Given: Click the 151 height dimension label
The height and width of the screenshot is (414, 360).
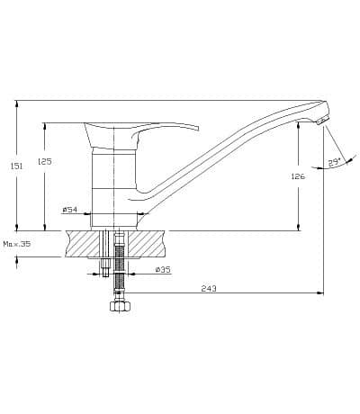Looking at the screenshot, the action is point(17,166).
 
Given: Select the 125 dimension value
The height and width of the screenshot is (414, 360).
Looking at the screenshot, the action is point(45,161).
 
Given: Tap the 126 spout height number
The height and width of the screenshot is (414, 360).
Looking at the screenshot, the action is point(298,176).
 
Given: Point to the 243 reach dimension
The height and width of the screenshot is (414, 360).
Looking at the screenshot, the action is point(209,289).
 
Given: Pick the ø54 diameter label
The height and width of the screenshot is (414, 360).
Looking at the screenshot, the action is point(70,210).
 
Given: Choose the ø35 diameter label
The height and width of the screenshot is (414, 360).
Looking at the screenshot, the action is point(163,270).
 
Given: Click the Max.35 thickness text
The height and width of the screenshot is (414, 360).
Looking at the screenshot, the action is point(17,244).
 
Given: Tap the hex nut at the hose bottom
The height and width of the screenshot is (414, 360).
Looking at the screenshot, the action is point(120,306).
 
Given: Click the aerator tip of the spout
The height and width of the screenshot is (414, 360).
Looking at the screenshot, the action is point(322,121).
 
